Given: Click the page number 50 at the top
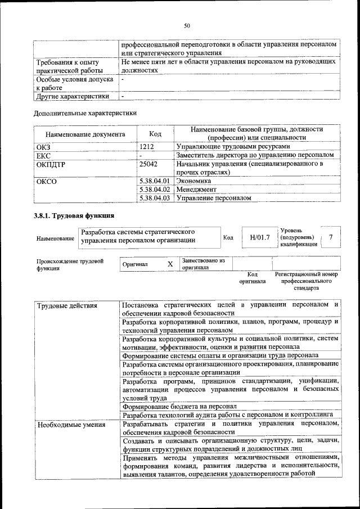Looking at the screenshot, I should [187, 25].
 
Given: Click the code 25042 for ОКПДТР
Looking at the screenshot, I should [148, 164].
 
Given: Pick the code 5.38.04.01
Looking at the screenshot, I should [154, 181].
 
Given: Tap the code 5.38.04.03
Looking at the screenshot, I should [154, 198].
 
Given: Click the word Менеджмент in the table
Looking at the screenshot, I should [196, 190].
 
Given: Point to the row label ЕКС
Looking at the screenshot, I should [43, 155].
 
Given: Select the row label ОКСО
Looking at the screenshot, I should [47, 181].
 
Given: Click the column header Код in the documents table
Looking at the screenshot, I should [155, 134].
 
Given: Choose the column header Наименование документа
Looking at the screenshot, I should [85, 134].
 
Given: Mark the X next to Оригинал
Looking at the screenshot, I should [170, 264].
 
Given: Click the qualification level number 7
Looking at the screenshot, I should [331, 237].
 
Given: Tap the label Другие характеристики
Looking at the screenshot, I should [73, 96].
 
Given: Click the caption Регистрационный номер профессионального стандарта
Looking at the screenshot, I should [306, 281].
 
